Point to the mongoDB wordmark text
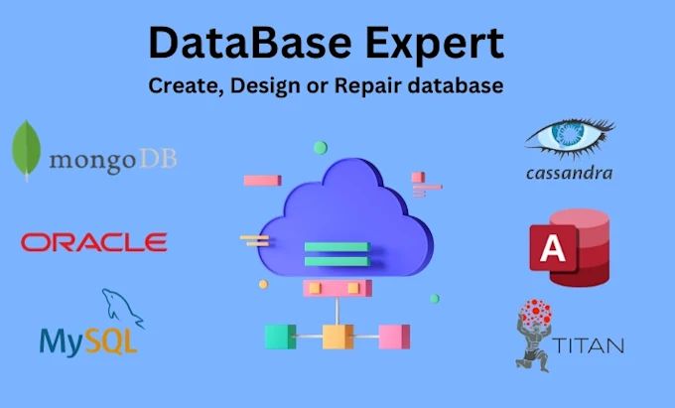[111, 159]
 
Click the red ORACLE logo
[93, 241]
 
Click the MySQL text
[88, 340]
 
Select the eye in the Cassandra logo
[569, 140]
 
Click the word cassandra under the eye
[568, 173]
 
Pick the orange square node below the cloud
[337, 336]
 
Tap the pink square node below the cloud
[395, 336]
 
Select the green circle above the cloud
[320, 148]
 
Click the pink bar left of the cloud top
[262, 181]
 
